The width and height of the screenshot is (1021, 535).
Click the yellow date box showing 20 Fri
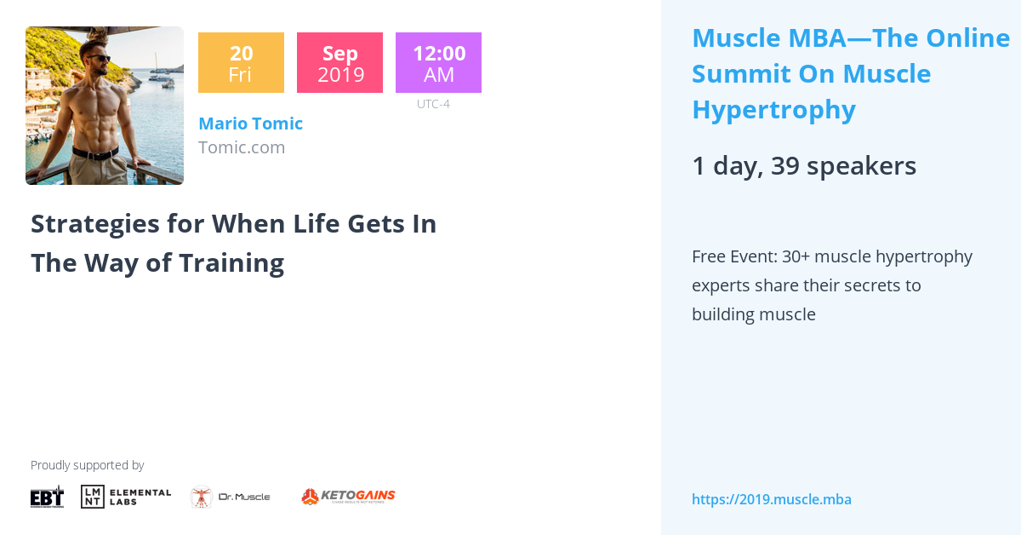point(241,63)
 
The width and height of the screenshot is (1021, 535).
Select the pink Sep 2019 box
point(339,63)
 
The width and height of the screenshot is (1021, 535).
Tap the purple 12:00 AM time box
point(438,63)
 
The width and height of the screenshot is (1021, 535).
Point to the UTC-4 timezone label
point(433,105)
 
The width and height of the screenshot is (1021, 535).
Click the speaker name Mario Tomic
point(250,124)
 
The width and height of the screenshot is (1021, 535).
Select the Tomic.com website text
point(242,147)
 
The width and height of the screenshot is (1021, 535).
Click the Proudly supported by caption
point(87,465)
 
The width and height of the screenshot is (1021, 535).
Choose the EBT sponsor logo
point(47,497)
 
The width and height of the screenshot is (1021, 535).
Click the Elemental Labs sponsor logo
point(126,497)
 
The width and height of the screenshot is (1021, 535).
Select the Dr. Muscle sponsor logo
point(230,497)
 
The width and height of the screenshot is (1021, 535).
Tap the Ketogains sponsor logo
point(348,497)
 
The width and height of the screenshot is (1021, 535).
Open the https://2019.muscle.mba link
point(771,500)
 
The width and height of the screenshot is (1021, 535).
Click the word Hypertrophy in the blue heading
point(773,110)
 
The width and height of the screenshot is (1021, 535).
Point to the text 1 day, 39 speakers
point(803,166)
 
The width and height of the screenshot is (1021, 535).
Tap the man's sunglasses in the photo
point(100,59)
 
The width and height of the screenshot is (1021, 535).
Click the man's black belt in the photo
point(94,153)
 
